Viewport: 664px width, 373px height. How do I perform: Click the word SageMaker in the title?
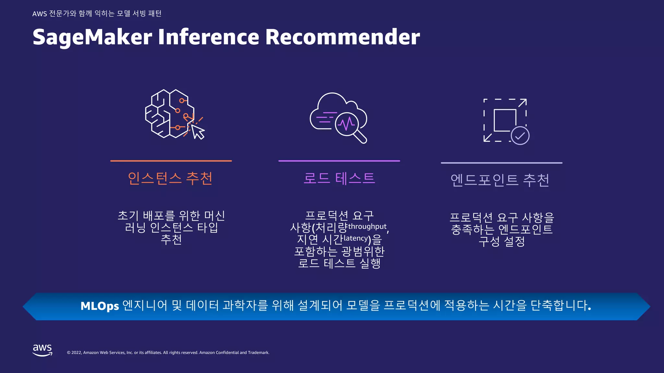pos(92,37)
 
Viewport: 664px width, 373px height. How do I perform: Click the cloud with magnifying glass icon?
pos(338,118)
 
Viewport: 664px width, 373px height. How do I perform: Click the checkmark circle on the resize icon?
pos(520,136)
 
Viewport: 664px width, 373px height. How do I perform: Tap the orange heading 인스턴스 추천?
pos(170,178)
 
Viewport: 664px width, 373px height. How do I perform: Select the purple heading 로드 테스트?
pos(339,178)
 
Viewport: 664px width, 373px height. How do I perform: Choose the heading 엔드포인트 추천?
pos(500,180)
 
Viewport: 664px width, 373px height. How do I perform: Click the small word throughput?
pos(367,226)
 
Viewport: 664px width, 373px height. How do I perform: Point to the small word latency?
pos(356,238)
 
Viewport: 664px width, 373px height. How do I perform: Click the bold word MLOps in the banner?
pos(100,306)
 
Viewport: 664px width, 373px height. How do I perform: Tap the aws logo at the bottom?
pos(42,350)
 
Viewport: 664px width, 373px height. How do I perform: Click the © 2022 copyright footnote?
pos(168,353)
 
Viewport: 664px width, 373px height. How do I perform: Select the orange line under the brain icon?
pos(171,161)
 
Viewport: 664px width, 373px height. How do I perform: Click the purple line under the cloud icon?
pos(339,161)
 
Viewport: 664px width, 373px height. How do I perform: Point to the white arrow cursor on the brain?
pos(198,132)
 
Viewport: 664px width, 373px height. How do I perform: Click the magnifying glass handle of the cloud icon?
pos(360,137)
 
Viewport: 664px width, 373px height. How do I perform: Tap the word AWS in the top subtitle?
pos(40,14)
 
